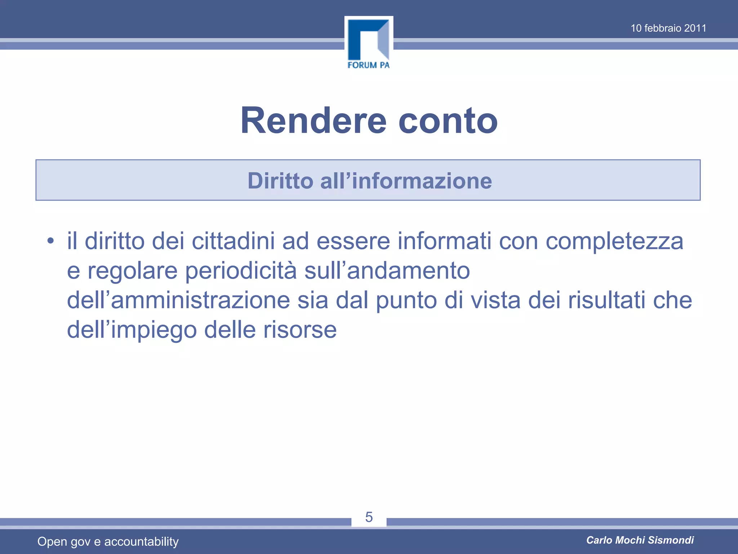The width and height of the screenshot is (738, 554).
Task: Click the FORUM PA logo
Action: pyautogui.click(x=369, y=43)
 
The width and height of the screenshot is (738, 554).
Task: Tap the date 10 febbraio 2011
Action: pyautogui.click(x=668, y=28)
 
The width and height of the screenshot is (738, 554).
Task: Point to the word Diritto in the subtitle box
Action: pyautogui.click(x=280, y=181)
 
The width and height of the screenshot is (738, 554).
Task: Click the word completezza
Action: pyautogui.click(x=614, y=241)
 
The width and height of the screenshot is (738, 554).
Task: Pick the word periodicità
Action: pyautogui.click(x=241, y=271)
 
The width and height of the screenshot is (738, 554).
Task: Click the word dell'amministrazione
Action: pyautogui.click(x=178, y=300)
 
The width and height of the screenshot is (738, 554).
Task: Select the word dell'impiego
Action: pyautogui.click(x=132, y=330)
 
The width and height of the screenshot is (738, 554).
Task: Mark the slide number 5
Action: pyautogui.click(x=369, y=517)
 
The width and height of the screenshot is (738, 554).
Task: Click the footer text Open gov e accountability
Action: pyautogui.click(x=108, y=541)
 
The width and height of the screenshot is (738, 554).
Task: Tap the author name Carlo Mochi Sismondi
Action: pyautogui.click(x=640, y=540)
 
